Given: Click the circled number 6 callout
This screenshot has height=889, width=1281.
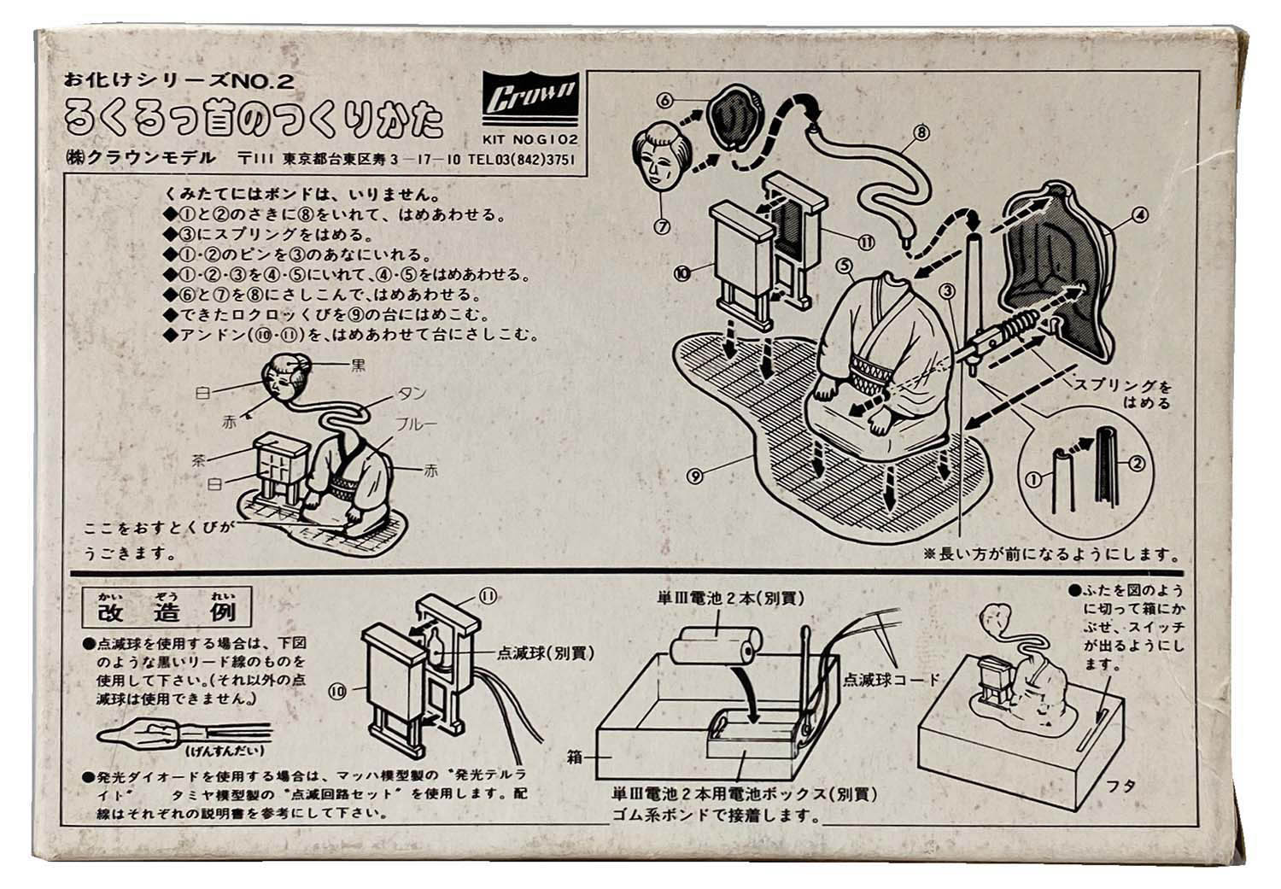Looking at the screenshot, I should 666,100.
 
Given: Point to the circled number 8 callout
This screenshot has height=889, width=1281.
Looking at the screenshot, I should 920,132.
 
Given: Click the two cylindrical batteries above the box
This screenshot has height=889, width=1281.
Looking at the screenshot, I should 716,650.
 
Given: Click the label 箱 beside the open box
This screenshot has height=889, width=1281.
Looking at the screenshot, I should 574,757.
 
